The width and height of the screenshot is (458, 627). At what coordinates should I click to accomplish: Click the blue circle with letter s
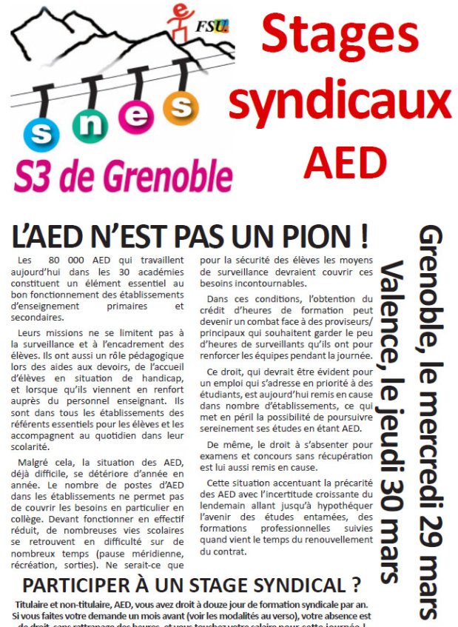[41, 134]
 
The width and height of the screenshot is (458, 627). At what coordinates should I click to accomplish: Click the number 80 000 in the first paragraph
[67, 261]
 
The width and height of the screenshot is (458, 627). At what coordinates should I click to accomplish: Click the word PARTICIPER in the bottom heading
[87, 585]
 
